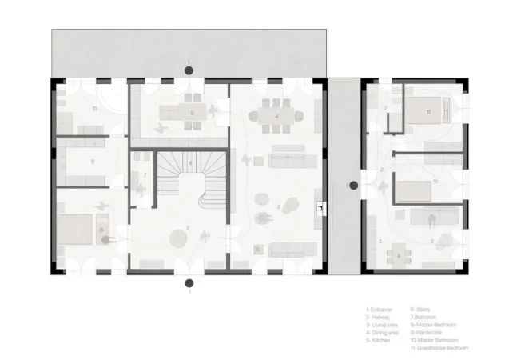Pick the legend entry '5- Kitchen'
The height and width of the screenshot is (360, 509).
coord(377,340)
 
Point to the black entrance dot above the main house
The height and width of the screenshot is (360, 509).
coord(188,71)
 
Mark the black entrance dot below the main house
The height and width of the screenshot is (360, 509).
coord(188,282)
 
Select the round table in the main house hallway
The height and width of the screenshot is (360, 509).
coord(177,236)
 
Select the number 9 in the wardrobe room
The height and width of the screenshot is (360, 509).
coord(93,162)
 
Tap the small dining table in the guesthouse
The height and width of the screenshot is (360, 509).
coord(400,256)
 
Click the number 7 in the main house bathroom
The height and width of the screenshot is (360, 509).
coord(145,174)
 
